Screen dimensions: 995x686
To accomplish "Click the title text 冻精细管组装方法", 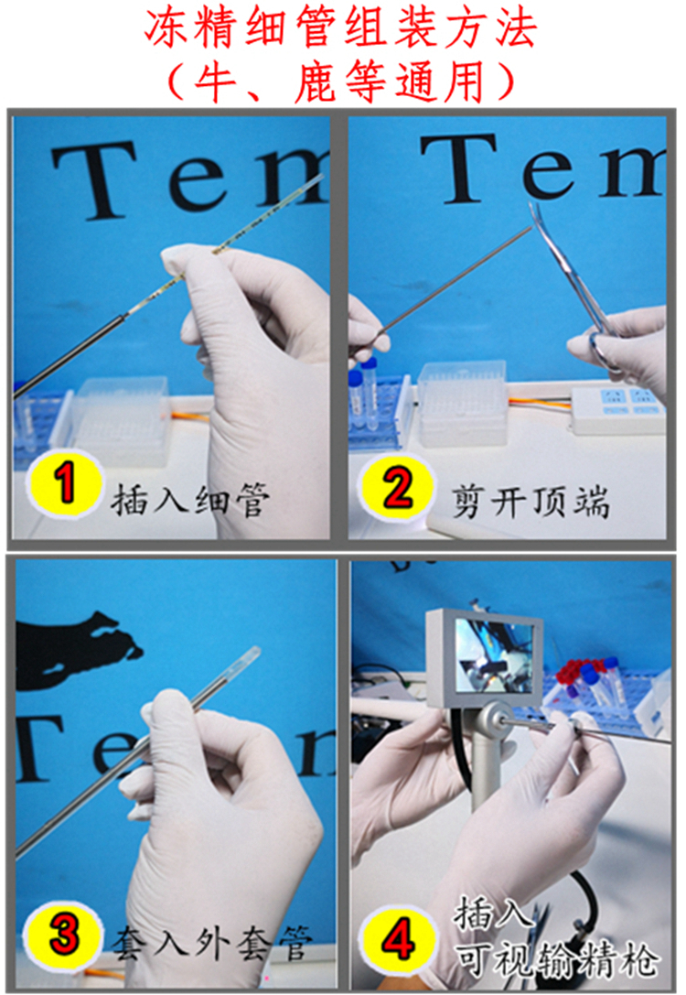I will coord(340,29).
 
